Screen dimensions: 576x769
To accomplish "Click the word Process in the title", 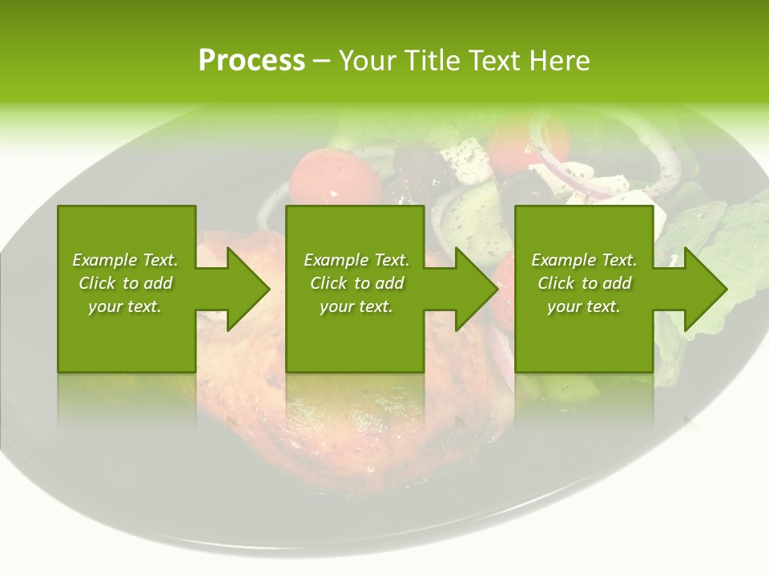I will click(252, 61).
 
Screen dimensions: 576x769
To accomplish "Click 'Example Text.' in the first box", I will click(125, 260).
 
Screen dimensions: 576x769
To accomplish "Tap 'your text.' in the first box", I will click(125, 306).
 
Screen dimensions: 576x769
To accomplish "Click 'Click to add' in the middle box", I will click(356, 283).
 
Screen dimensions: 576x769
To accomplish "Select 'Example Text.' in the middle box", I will click(356, 260).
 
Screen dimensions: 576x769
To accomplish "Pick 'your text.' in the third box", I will click(584, 306).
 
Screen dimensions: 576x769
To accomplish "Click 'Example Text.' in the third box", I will click(584, 260).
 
